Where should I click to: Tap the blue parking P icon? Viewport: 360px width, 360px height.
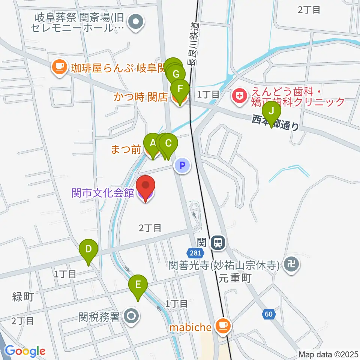click(x=183, y=165)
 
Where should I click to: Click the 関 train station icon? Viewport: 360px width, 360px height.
click(x=217, y=243)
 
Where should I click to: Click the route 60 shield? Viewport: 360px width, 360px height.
click(x=268, y=314)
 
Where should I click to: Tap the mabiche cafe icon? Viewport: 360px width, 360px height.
click(x=223, y=326)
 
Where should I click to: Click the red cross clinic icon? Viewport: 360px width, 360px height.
click(x=238, y=97)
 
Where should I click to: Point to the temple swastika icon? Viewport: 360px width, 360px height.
click(x=291, y=264)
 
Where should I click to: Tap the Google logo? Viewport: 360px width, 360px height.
click(x=25, y=351)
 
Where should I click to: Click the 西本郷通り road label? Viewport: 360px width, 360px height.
click(x=276, y=123)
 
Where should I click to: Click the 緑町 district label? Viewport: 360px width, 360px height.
click(x=23, y=297)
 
